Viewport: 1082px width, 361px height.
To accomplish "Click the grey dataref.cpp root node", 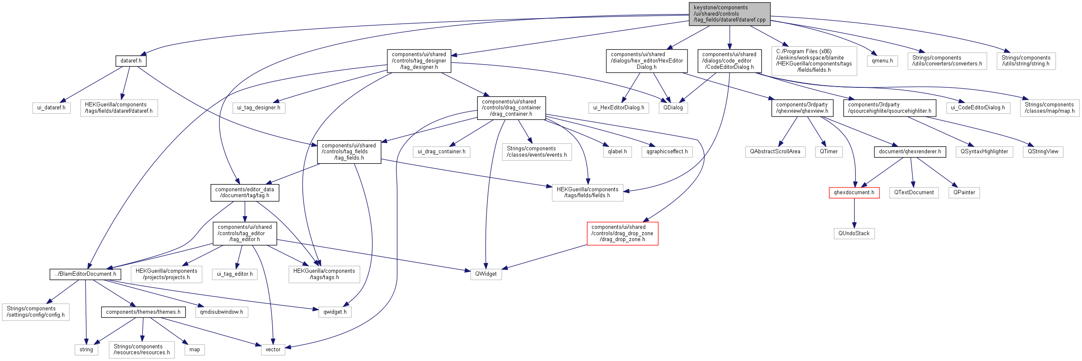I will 729,14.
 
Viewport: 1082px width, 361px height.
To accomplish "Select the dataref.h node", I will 131,61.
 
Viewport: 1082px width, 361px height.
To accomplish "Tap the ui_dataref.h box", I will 51,108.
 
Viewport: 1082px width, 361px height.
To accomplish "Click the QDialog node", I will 673,108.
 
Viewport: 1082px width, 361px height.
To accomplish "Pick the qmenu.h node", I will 882,61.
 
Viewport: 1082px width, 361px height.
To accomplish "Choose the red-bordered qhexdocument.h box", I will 854,193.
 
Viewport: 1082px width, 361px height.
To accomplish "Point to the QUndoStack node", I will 854,233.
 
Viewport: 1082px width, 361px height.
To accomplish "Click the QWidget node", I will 486,274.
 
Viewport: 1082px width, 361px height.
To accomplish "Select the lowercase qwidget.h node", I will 335,312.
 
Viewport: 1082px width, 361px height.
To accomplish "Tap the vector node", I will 273,350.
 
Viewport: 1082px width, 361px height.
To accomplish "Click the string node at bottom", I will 86,350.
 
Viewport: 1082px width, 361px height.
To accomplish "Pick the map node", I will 194,350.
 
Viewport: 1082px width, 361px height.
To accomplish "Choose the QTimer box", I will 829,152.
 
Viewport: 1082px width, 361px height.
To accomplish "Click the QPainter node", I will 964,193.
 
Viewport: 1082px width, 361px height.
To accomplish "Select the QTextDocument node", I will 914,193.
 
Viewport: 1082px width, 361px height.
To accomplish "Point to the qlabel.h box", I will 617,152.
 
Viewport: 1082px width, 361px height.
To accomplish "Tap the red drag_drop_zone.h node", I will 622,233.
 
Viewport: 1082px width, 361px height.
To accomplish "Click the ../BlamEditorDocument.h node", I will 85,274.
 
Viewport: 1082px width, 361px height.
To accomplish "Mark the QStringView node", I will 1043,152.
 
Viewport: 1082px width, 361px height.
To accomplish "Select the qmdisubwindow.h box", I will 222,312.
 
